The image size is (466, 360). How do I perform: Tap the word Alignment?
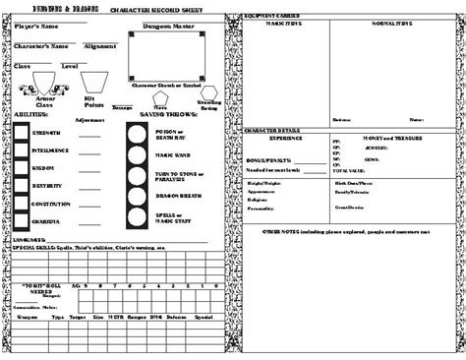[99, 45]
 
